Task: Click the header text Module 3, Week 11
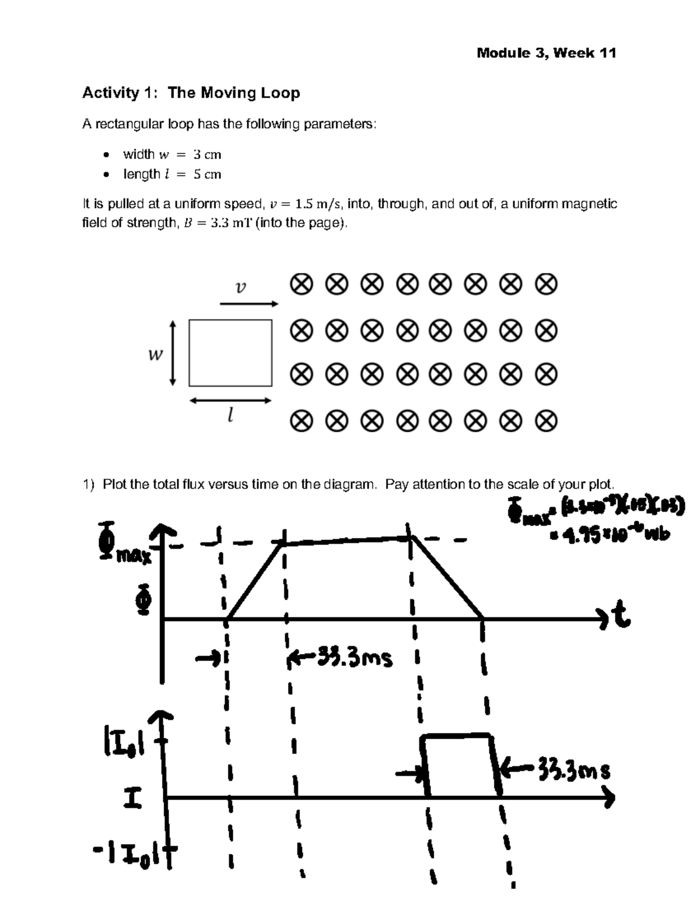click(546, 53)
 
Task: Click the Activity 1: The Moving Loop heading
click(191, 93)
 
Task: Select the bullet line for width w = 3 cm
click(171, 154)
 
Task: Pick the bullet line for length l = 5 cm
click(171, 174)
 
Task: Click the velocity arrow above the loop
click(249, 304)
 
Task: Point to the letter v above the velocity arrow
click(240, 287)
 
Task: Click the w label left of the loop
click(155, 354)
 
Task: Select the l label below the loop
click(231, 415)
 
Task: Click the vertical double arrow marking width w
click(172, 353)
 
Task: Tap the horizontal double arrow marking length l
click(230, 401)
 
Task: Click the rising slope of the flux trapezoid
click(255, 581)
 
